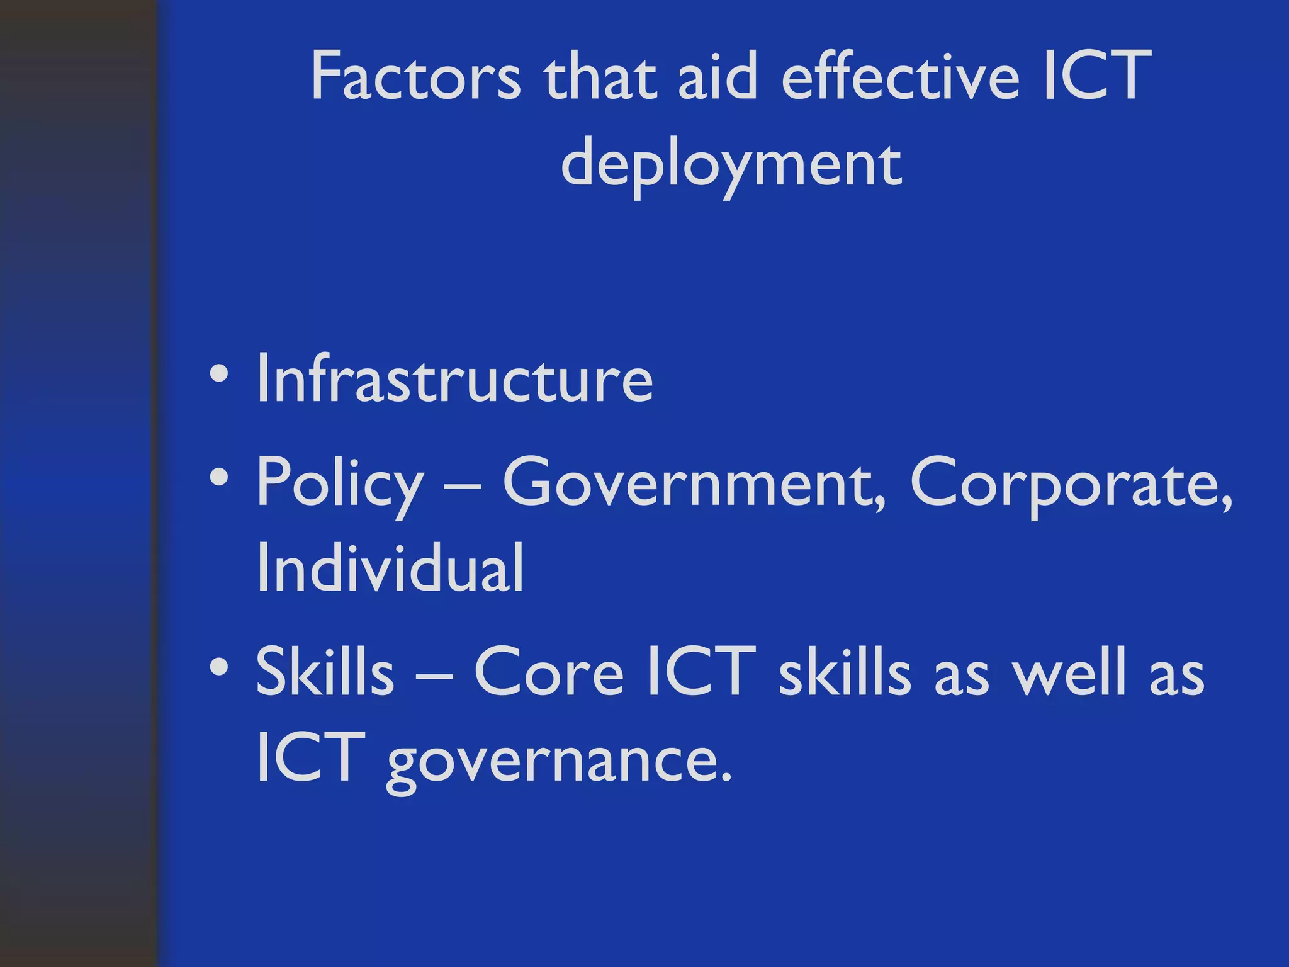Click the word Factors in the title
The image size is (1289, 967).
415,77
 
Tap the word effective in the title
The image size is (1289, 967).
900,77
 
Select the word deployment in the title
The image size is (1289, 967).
731,165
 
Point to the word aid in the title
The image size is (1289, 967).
718,77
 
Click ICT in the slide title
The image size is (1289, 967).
1096,77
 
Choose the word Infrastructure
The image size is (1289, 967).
455,379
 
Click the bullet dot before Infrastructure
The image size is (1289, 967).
218,375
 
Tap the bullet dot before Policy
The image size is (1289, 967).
218,478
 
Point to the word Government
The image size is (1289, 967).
694,482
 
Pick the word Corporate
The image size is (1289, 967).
1070,482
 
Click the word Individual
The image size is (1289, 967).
390,568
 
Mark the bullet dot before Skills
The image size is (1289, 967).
218,666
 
